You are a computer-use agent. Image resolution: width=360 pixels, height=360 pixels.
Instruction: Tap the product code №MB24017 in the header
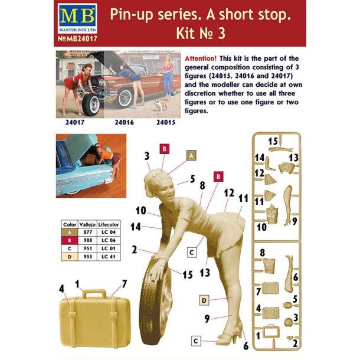(x=76, y=40)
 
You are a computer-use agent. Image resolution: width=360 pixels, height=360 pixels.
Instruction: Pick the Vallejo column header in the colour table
(x=87, y=225)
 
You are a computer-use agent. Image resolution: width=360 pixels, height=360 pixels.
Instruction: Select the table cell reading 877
(x=87, y=233)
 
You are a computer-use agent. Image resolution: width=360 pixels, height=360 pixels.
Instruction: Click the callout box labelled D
(x=202, y=300)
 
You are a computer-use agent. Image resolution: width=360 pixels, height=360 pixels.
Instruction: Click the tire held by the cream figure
(x=158, y=301)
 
